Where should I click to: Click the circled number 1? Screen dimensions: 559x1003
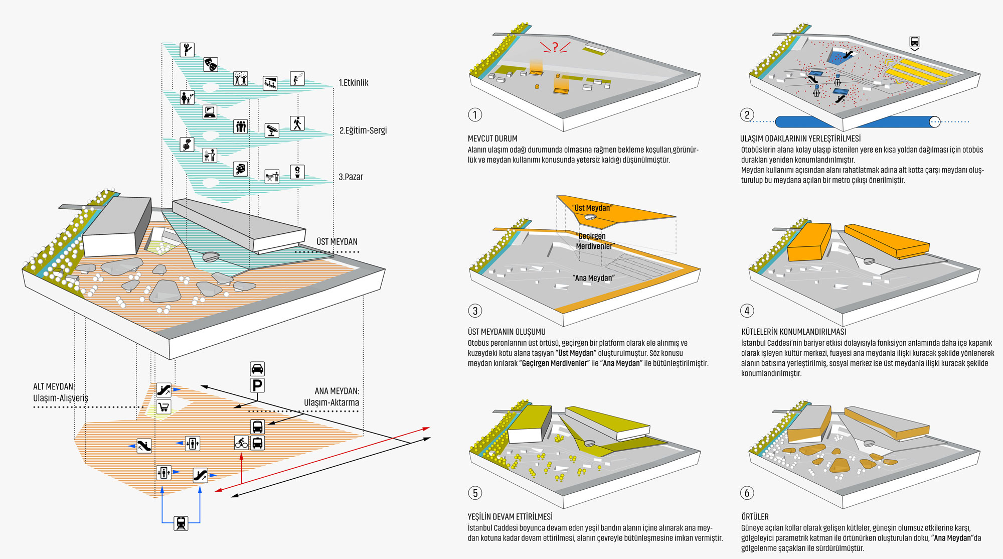[x=475, y=115]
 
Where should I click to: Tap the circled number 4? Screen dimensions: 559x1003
[x=747, y=311]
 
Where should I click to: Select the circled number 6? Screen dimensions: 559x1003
[x=747, y=493]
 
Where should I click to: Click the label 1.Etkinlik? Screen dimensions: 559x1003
[x=354, y=83]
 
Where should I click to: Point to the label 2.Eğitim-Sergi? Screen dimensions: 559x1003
[x=363, y=130]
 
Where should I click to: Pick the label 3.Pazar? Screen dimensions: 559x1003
[x=351, y=177]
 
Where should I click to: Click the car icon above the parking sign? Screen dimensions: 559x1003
[x=257, y=369]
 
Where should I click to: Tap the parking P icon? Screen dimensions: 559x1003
[x=257, y=385]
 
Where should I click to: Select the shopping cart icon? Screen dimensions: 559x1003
[x=163, y=406]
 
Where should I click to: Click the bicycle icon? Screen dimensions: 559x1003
[x=241, y=443]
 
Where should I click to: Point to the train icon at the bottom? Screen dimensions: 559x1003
[x=181, y=523]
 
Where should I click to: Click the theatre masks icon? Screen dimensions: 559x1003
[x=211, y=64]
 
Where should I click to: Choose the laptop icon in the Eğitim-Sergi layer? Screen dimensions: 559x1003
[x=210, y=111]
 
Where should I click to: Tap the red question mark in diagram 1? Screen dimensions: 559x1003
[x=555, y=47]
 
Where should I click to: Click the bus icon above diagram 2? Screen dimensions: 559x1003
[x=914, y=43]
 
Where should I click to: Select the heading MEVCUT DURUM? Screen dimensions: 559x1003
[x=492, y=138]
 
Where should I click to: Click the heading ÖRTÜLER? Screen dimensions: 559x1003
[x=755, y=517]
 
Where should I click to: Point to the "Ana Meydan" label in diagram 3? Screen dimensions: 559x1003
[x=594, y=278]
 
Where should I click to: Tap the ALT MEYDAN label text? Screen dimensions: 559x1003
[x=53, y=386]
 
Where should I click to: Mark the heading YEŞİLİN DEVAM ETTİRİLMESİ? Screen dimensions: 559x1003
[x=510, y=517]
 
